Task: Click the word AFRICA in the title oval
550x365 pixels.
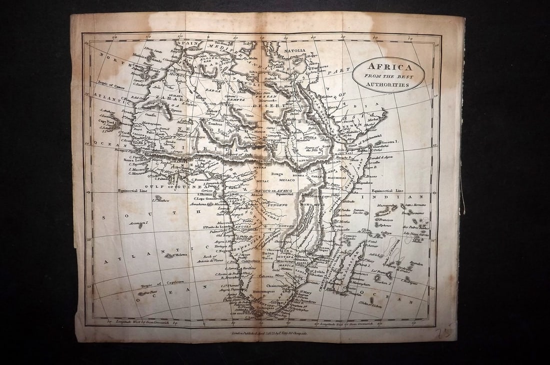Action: pos(388,66)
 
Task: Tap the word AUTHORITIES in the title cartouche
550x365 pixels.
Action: pos(388,85)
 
